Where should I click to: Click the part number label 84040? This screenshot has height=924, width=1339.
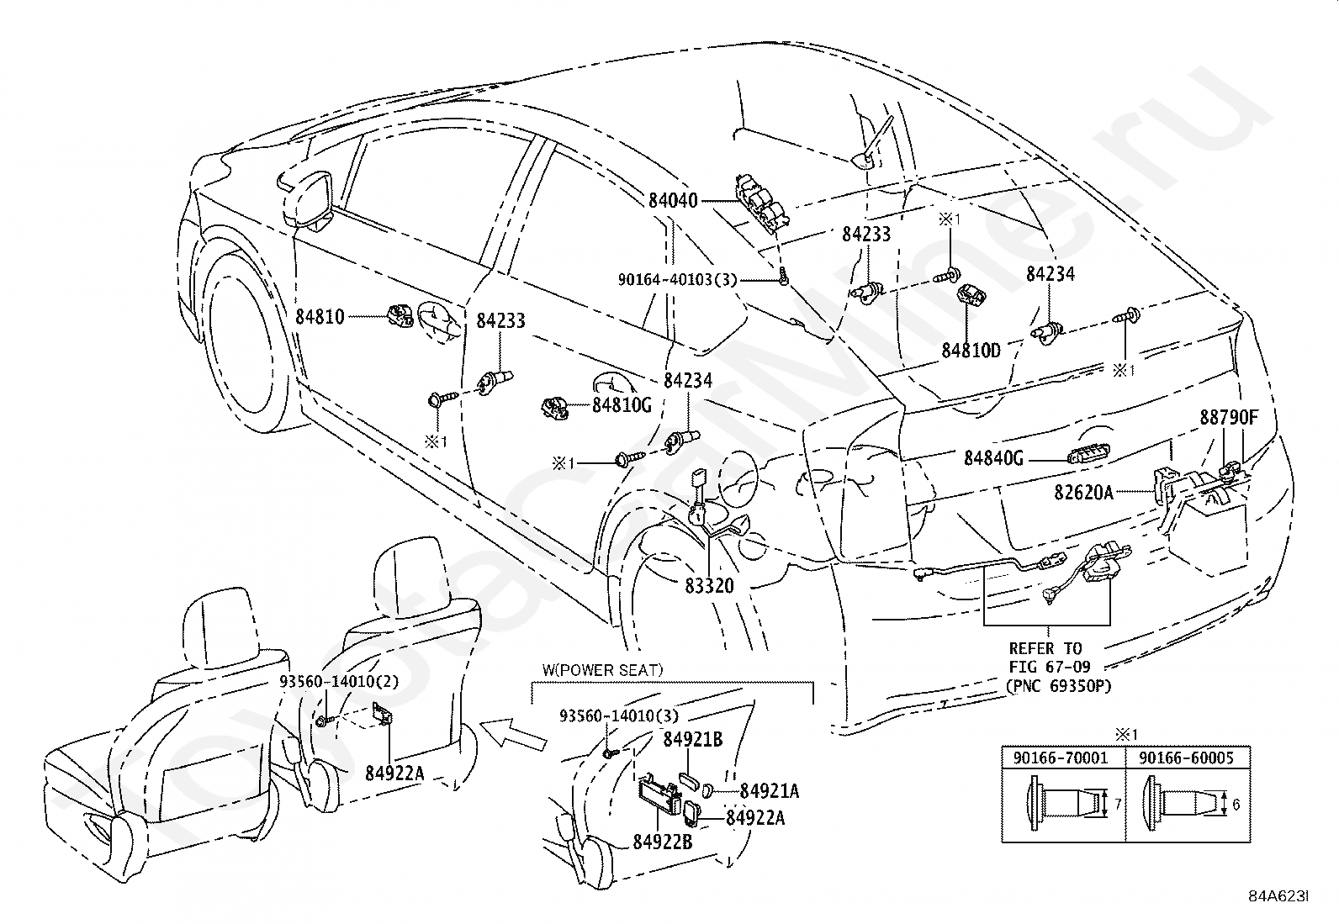point(673,200)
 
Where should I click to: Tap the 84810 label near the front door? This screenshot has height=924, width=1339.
point(320,316)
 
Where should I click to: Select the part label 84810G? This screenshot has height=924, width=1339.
point(622,405)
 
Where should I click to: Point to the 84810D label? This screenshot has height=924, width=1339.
point(971,351)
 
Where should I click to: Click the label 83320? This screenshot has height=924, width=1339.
point(709,586)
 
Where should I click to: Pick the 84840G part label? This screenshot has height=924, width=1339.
point(993,458)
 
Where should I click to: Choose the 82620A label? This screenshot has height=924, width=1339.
point(1084,493)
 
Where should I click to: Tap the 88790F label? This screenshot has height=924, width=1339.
point(1229,417)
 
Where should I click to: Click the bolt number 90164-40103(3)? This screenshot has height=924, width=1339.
point(678,279)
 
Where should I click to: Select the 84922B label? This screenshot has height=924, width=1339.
point(662,842)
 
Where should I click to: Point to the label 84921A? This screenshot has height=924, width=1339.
point(770,790)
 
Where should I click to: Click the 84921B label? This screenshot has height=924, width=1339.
point(693,739)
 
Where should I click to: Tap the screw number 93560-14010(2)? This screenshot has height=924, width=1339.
point(339,681)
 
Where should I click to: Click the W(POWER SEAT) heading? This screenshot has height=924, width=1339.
point(602,670)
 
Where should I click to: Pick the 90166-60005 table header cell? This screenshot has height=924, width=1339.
point(1187,758)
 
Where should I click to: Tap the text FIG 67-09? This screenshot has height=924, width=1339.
point(1050,667)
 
